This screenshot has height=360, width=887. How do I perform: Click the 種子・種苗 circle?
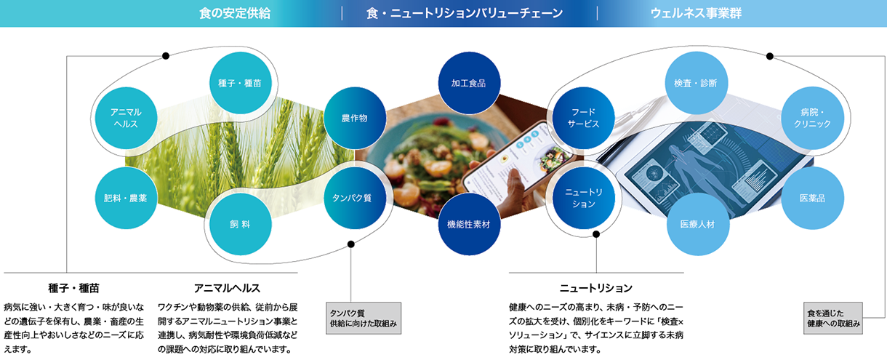pos(240,83)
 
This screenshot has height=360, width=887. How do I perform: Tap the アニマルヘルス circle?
pos(126,118)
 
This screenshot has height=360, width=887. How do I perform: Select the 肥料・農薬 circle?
pos(126,198)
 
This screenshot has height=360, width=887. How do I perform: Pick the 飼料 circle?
pos(240,224)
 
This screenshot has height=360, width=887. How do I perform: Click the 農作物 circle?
pos(355,118)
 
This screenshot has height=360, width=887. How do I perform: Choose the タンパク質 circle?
pos(355,198)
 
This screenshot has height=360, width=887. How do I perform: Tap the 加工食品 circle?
pos(469,83)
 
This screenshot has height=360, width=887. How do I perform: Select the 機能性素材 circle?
pos(469,224)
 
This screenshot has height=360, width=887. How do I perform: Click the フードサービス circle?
pos(584,118)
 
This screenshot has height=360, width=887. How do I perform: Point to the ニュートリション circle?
pos(584,198)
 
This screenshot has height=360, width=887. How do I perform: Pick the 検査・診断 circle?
pos(696,83)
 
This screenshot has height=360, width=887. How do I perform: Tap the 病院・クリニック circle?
pos(813,118)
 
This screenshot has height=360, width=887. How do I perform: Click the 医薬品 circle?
pos(813,198)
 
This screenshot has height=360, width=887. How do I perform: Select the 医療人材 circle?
pos(698,224)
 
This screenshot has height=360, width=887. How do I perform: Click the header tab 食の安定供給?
pos(235,14)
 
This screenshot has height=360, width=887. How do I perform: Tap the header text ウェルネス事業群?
pos(696,14)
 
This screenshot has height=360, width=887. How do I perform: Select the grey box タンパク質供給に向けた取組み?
pos(364,319)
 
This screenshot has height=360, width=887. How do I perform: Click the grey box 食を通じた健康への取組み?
pos(833,319)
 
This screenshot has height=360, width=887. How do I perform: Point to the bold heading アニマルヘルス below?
pos(227,288)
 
